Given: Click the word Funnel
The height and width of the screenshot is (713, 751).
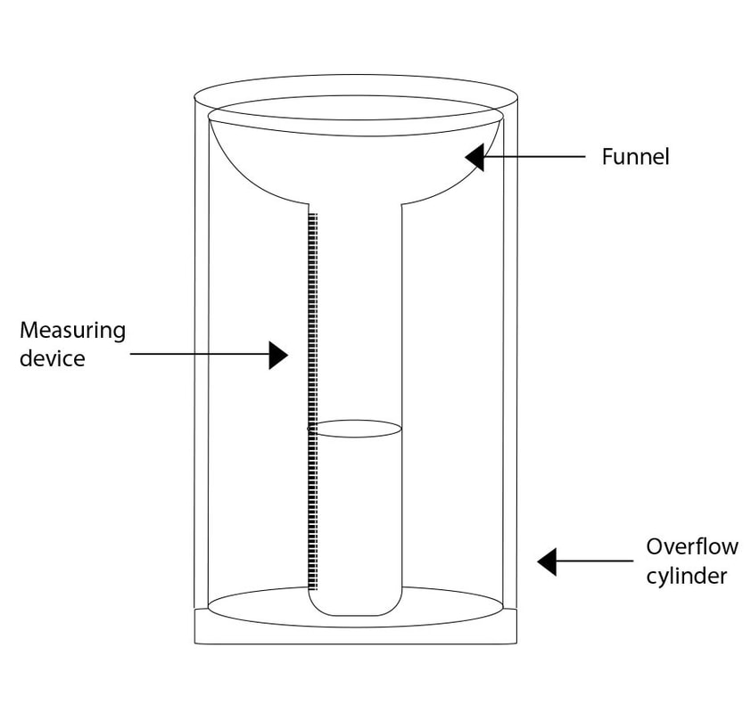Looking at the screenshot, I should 635,158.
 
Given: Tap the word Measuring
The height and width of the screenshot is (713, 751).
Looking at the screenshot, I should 72,331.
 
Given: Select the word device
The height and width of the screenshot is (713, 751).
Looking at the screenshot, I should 53,358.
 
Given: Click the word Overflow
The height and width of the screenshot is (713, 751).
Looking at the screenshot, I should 691,546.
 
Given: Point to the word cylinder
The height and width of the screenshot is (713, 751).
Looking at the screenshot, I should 688,575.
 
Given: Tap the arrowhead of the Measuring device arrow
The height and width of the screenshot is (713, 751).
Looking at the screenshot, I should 278,356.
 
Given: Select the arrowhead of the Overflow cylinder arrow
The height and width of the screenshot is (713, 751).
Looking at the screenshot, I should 547,561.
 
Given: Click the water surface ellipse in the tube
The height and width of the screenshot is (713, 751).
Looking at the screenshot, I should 355,429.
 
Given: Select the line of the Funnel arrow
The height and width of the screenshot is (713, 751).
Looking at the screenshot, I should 535,158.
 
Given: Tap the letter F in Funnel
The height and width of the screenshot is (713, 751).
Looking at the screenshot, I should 607,158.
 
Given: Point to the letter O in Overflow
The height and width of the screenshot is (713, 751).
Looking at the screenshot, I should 655,546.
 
